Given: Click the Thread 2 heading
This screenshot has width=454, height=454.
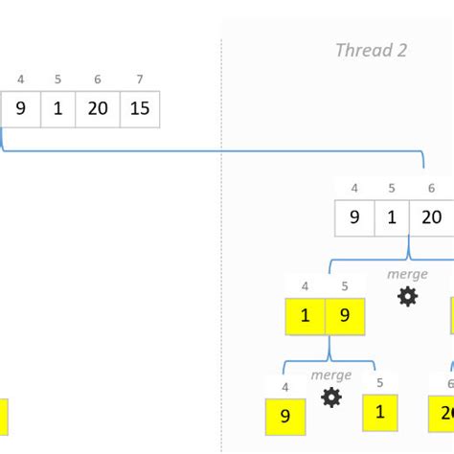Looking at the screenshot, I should click(371, 51).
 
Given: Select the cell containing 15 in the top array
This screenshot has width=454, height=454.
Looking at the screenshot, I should click(140, 109).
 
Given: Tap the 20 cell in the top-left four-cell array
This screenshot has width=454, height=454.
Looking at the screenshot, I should click(100, 109).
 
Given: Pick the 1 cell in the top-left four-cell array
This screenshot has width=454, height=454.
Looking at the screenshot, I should click(58, 109).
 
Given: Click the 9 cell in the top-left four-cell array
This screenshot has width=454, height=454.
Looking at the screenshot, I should click(20, 109).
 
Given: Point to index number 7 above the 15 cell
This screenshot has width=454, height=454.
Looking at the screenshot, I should click(140, 79).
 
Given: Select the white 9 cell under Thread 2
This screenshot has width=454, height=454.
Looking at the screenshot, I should click(353, 217).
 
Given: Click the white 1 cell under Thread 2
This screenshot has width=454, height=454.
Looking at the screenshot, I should click(391, 217).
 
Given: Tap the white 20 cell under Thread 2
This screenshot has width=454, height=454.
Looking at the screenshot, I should click(431, 217).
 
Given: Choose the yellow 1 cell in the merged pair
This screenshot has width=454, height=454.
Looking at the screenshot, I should click(305, 316).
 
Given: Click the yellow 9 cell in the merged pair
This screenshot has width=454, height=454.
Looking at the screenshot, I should click(345, 316).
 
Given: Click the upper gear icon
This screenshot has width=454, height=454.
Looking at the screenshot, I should click(407, 297).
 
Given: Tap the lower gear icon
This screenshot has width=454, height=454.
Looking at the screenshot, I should click(331, 397).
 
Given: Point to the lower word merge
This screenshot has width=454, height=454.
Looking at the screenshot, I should click(330, 375).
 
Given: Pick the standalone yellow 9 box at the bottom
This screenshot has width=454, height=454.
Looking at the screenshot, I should click(285, 417).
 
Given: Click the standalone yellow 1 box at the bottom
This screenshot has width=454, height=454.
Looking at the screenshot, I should click(379, 413).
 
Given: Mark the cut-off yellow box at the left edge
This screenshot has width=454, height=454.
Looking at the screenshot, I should click(4, 418).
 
